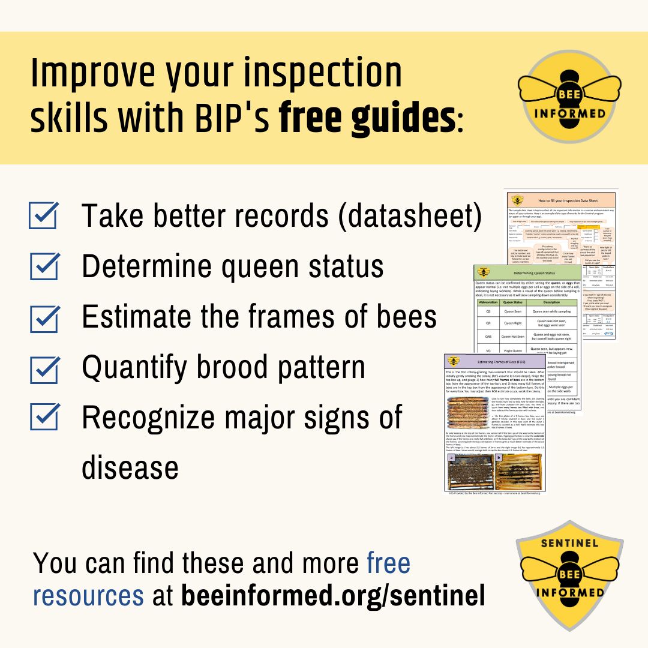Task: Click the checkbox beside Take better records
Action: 43,216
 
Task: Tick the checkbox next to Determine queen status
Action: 43,266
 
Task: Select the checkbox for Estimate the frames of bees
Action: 43,317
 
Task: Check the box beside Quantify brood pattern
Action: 43,367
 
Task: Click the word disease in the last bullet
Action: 130,467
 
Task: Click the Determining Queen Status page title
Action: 527,271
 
